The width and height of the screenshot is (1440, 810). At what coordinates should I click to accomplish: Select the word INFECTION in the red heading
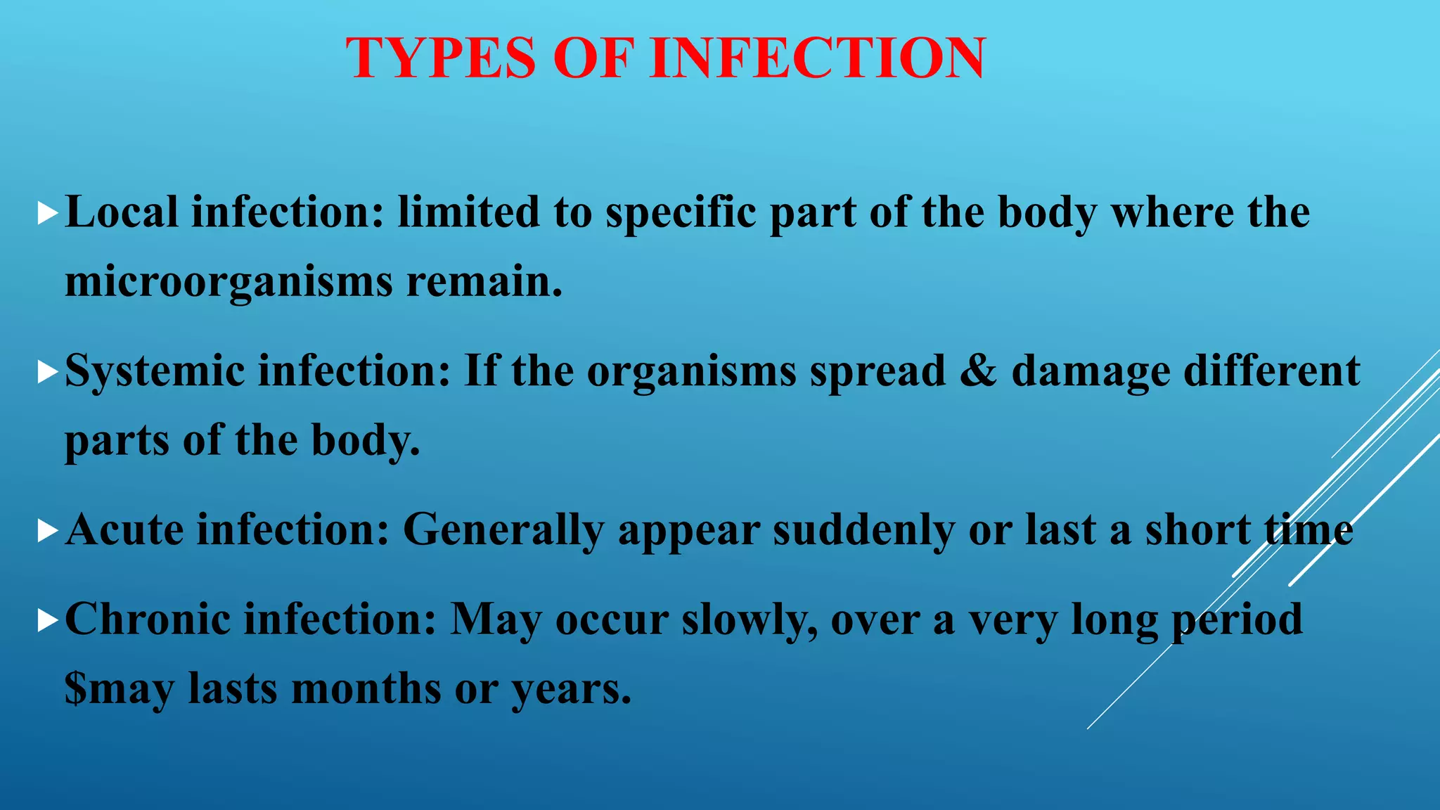point(818,58)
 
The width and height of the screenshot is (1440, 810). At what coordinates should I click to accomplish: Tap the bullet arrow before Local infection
point(47,213)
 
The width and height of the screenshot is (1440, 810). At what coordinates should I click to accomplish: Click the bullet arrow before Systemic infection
point(47,372)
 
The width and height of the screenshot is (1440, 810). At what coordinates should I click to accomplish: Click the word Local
point(122,212)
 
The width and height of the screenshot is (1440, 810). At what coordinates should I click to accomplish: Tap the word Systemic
point(155,371)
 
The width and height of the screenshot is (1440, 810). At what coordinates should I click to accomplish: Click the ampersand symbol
point(978,371)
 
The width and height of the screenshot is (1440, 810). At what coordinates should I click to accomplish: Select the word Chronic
point(148,619)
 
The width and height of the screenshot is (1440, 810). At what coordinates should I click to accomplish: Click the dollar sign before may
point(76,688)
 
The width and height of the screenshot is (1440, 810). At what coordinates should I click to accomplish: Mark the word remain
point(484,281)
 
